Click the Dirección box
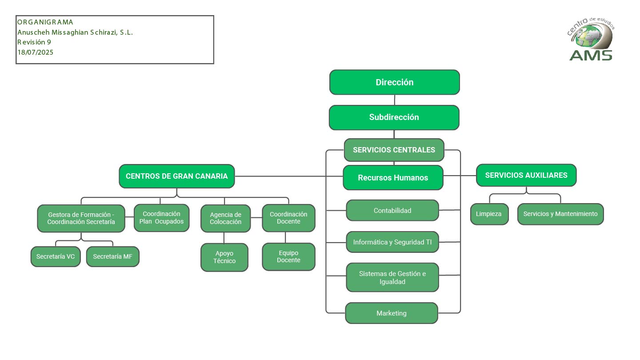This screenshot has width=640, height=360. coord(394,82)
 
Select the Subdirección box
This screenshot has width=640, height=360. coord(394,117)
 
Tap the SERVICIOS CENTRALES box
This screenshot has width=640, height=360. coord(394,150)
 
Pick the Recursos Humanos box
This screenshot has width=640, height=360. coord(393,177)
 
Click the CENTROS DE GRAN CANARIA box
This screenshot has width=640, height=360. coord(176,176)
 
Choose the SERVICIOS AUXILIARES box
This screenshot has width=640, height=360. coord(526,175)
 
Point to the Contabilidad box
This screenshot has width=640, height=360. coord(392,210)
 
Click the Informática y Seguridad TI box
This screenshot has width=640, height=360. coord(392,242)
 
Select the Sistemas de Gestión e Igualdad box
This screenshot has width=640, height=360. coord(392,277)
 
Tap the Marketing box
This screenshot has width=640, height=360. coord(392,313)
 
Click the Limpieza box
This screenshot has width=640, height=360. coord(489,214)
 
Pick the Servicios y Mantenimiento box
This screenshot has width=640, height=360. coord(560,214)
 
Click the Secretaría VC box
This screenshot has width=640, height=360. coord(56,256)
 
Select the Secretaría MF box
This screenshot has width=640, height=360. coord(112,256)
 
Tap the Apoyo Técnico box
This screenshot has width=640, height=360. coord(224,257)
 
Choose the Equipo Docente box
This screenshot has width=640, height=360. coord(288,256)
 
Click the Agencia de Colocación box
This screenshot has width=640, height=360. coord(225,218)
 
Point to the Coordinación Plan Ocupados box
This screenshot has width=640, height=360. coord(161,218)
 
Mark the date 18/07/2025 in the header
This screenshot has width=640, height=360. coord(36,52)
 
